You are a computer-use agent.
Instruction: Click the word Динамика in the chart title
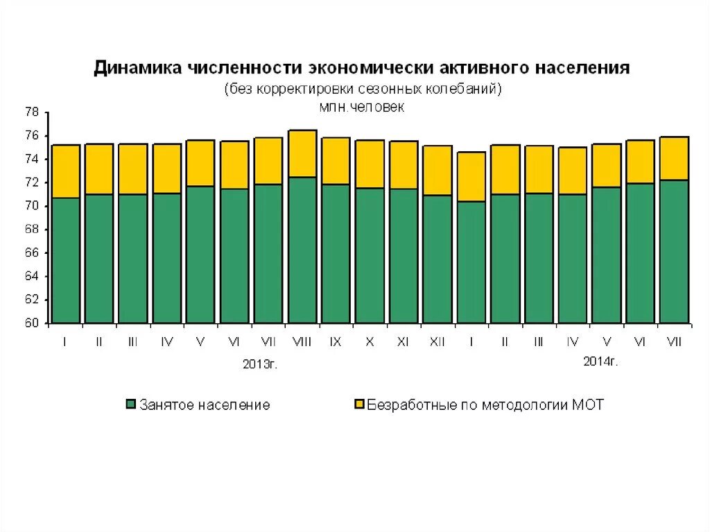[136, 69]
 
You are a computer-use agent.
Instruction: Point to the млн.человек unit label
[361, 107]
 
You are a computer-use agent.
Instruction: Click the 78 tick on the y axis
[31, 112]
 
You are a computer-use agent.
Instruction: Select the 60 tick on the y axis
[31, 323]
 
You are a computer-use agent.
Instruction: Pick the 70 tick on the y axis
[31, 206]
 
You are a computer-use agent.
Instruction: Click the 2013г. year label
[260, 364]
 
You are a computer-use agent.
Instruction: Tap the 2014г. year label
[600, 361]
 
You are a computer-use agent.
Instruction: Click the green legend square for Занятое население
[130, 404]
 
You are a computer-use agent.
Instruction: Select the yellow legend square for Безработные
[358, 404]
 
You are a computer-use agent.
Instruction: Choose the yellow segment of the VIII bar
[302, 153]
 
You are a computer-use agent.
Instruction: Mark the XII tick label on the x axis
[437, 342]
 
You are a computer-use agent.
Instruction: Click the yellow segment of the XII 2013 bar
[437, 170]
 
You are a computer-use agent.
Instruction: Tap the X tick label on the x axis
[369, 342]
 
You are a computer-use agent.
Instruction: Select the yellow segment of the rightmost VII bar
[673, 158]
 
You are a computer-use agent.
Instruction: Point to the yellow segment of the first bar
[66, 171]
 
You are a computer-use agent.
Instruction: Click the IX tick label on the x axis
[335, 342]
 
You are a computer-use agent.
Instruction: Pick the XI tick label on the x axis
[403, 342]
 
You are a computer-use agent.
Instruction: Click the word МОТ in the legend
[588, 404]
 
